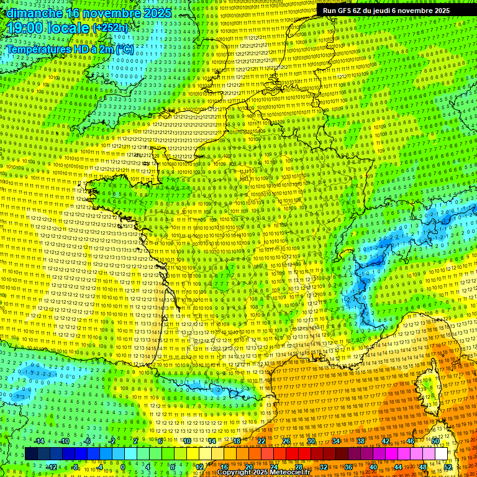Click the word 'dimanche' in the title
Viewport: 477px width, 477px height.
coord(32,12)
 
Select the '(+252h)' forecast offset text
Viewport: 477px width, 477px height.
coord(111,28)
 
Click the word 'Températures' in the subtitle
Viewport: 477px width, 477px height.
coord(38,49)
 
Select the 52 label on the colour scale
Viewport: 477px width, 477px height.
coord(447,467)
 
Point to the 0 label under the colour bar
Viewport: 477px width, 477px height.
coord(123,467)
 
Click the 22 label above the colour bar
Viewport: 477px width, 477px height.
coord(261,441)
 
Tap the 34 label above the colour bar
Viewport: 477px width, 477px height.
coord(335,441)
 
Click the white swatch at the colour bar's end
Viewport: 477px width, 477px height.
coord(441,454)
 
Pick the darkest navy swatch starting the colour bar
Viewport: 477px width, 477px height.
coord(31,454)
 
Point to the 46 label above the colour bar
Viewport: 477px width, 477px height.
coord(411,441)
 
